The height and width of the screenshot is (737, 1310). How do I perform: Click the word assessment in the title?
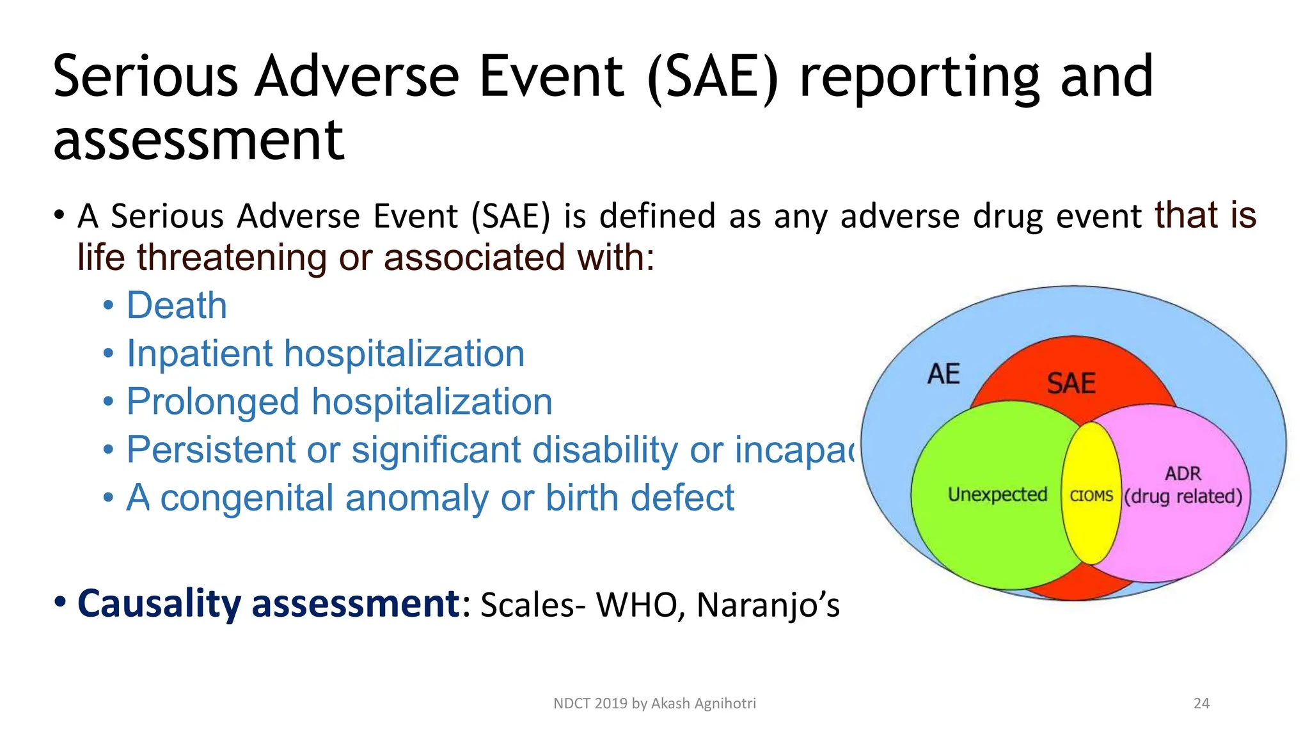[x=199, y=140]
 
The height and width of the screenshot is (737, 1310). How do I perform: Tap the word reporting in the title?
[x=920, y=77]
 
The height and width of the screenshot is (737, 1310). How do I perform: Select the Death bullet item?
[x=177, y=305]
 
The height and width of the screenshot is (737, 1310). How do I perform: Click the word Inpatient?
[x=199, y=354]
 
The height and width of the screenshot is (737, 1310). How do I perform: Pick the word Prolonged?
[x=212, y=402]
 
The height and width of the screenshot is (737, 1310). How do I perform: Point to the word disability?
[x=604, y=449]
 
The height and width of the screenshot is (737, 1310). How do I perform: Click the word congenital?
[x=247, y=498]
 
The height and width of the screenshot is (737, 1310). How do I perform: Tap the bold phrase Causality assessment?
[x=267, y=603]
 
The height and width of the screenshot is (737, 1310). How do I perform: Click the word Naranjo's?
[x=768, y=605]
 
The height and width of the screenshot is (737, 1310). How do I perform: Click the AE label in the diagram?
[x=943, y=374]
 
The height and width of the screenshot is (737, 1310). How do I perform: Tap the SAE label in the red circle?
[x=1071, y=384]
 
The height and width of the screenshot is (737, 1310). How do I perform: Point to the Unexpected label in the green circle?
[x=997, y=495]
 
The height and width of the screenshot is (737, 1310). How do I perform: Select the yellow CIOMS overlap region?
[x=1091, y=496]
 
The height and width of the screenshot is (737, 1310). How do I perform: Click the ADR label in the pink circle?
[x=1183, y=473]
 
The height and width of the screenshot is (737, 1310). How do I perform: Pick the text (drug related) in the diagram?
[x=1183, y=496]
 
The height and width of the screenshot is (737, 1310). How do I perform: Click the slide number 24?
[x=1201, y=704]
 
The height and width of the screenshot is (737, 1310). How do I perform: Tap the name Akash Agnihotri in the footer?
[x=704, y=704]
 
